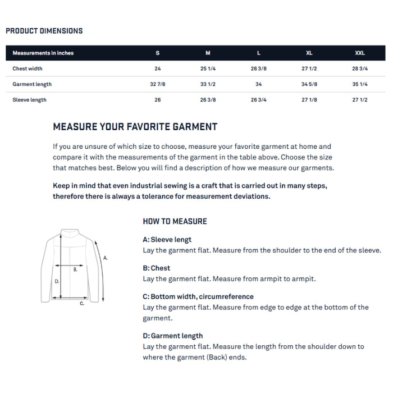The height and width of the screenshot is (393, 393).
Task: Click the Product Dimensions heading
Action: (44, 31)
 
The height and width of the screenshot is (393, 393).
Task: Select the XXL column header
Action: (360, 53)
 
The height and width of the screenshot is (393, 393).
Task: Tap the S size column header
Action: (158, 53)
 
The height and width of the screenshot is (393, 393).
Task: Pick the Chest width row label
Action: (28, 68)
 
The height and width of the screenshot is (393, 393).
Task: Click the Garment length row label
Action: (32, 84)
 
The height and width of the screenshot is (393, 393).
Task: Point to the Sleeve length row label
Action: (30, 100)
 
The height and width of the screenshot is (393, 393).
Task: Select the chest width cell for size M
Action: (208, 68)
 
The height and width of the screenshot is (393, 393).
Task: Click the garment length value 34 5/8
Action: (309, 84)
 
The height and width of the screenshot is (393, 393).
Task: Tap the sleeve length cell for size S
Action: (158, 100)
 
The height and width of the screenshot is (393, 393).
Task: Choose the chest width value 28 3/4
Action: (360, 68)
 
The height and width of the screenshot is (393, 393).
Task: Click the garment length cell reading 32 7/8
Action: (158, 84)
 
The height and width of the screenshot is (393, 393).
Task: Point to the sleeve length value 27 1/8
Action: (309, 100)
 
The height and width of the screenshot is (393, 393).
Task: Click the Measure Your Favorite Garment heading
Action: (135, 127)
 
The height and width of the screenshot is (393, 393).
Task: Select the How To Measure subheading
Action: (175, 221)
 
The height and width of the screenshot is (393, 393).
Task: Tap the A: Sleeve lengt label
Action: (167, 240)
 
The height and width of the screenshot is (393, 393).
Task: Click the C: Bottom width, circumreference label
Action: (198, 296)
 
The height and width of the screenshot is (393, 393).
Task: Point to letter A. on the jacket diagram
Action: (106, 258)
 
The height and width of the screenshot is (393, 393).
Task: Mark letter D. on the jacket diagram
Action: (57, 281)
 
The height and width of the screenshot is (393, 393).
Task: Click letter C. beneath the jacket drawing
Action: (82, 304)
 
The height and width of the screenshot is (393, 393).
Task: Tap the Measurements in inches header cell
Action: (43, 53)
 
